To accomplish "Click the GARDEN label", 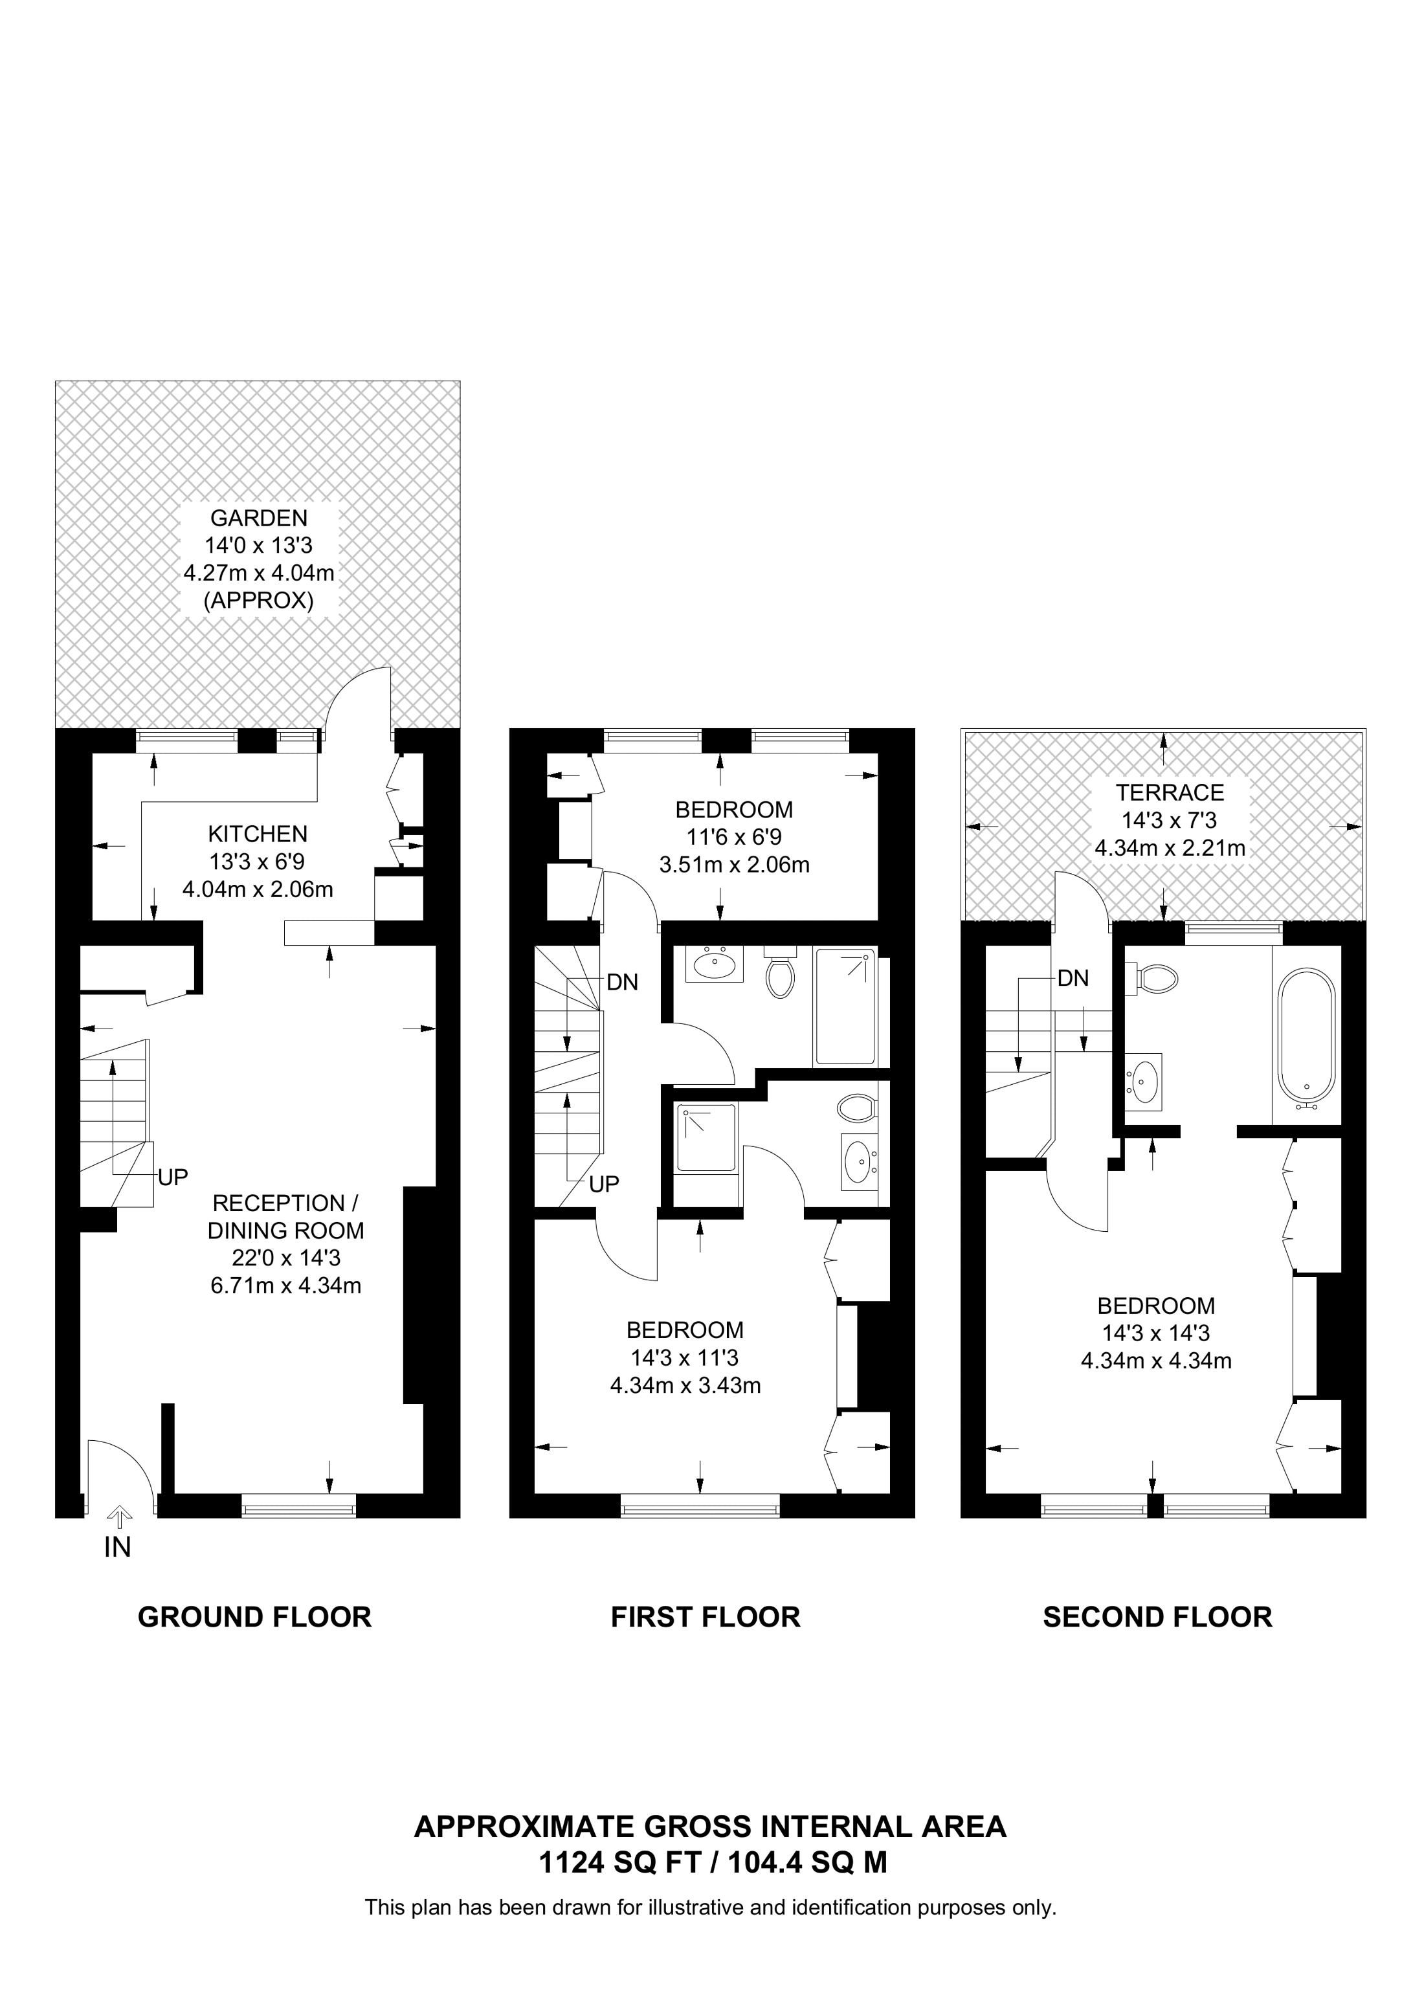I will pyautogui.click(x=259, y=518).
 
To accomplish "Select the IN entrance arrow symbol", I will pyautogui.click(x=119, y=1515).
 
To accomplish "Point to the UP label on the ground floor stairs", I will pyautogui.click(x=173, y=1177).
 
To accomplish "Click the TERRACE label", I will pyautogui.click(x=1169, y=792).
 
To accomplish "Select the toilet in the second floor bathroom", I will pyautogui.click(x=1155, y=979).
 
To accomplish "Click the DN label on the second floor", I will pyautogui.click(x=1072, y=977).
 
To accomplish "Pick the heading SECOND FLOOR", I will pyautogui.click(x=1157, y=1616).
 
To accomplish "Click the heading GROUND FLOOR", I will pyautogui.click(x=254, y=1616).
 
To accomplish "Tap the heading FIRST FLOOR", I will pyautogui.click(x=706, y=1616).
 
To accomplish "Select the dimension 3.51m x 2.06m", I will pyautogui.click(x=733, y=864).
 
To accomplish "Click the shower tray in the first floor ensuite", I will pyautogui.click(x=706, y=1139).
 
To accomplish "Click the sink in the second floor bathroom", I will pyautogui.click(x=1143, y=1081).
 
